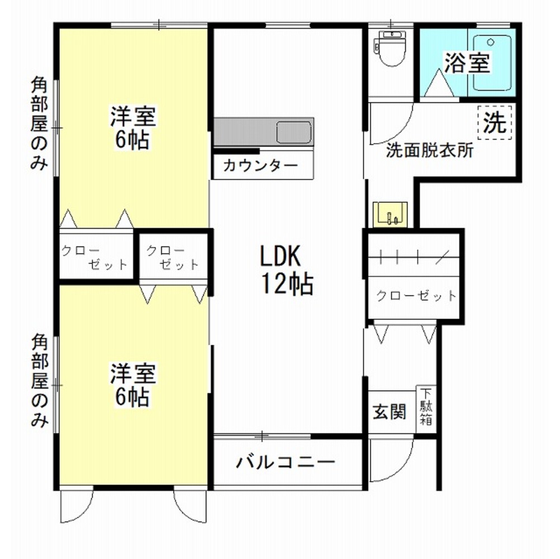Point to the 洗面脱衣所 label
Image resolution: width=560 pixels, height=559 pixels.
pos(430,151)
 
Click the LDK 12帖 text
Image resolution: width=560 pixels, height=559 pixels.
pos(285,269)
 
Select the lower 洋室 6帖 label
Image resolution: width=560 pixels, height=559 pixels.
pos(133,386)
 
